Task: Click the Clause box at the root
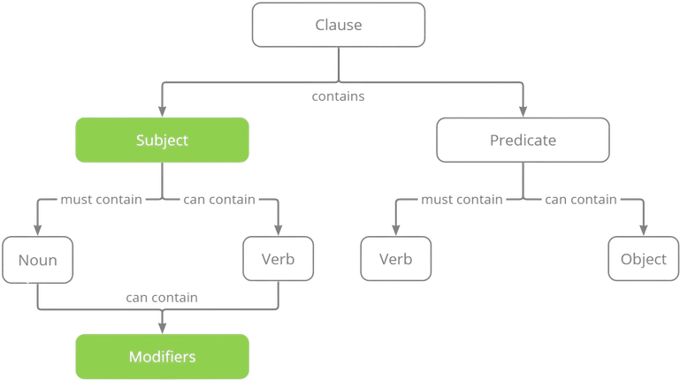point(340,25)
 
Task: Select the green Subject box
point(162,141)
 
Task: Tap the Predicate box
point(523,141)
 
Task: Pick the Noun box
point(36,260)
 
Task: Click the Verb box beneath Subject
point(278,260)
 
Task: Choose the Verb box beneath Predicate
point(395,261)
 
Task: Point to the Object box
point(642,261)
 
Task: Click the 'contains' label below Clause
point(339,97)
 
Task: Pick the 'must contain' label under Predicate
point(462,201)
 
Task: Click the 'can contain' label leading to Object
point(581,201)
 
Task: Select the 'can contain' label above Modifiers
point(162,298)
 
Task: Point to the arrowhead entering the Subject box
point(161,112)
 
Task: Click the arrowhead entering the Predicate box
point(523,112)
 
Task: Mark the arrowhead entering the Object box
point(643,232)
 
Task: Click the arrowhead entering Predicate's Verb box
point(395,232)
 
